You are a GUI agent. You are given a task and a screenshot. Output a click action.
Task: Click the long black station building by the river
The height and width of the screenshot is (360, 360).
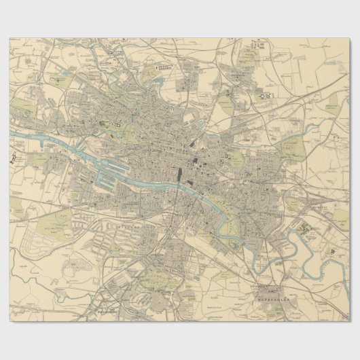pyautogui.click(x=179, y=175)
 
